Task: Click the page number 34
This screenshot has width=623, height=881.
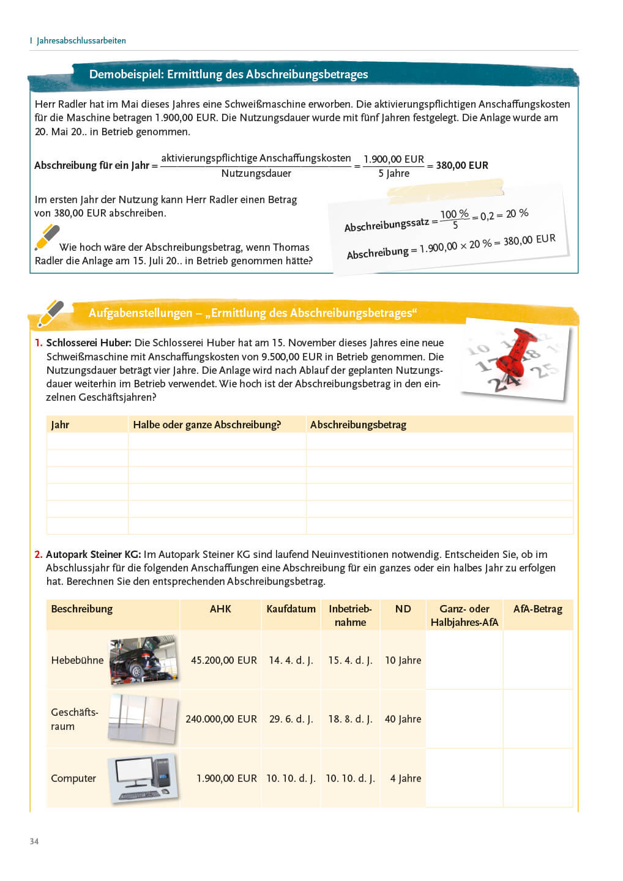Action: point(34,841)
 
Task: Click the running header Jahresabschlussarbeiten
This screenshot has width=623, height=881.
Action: point(81,40)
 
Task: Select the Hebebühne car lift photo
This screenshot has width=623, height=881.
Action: point(144,660)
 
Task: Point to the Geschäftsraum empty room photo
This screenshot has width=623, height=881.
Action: point(144,718)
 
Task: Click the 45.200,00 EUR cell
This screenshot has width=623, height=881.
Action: point(223,660)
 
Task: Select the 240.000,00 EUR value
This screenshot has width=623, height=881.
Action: point(221,719)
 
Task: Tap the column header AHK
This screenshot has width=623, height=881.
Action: point(220,609)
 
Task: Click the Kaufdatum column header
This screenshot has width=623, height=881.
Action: point(291,609)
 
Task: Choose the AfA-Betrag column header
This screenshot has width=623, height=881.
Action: point(537,609)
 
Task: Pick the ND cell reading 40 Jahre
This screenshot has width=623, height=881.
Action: point(403,719)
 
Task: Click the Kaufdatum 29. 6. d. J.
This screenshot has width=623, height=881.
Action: point(291,719)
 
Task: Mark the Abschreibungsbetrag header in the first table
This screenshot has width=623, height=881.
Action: point(358,425)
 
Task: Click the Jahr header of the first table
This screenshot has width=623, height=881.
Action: point(60,425)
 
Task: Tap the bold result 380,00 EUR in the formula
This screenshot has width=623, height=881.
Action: point(462,165)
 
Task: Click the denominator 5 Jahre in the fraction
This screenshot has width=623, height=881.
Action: point(394,173)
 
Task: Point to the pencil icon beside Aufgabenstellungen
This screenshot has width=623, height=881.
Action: point(50,313)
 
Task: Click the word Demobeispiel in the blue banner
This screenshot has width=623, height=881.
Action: point(125,74)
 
